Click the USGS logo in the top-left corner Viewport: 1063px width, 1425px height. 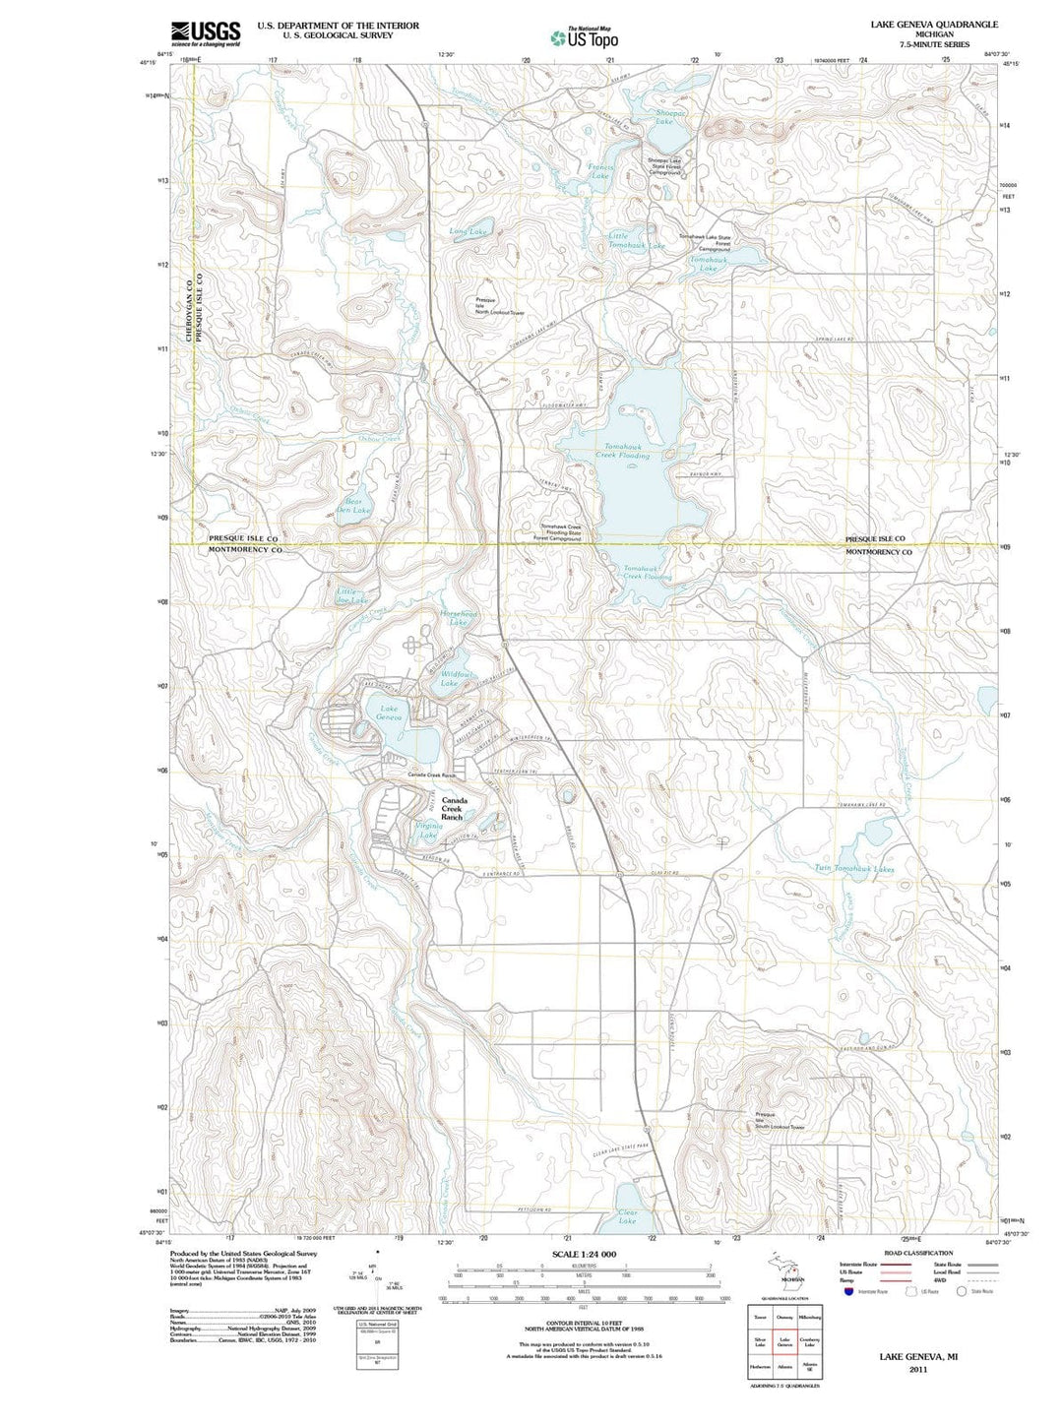click(x=206, y=34)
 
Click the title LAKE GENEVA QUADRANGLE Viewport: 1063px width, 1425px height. click(x=919, y=25)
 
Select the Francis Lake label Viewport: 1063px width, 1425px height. click(x=600, y=171)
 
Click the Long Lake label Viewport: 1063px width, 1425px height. click(x=468, y=232)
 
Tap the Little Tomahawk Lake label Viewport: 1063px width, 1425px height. click(x=636, y=240)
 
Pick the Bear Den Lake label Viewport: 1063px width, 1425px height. click(x=353, y=505)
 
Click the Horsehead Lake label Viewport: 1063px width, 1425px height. click(x=458, y=618)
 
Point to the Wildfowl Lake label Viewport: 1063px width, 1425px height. click(x=449, y=677)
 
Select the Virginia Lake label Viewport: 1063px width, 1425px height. click(x=428, y=830)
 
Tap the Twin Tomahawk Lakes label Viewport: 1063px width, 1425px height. click(x=854, y=868)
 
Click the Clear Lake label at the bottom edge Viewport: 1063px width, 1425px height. click(x=627, y=1216)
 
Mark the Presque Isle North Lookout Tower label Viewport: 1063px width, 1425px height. click(x=499, y=306)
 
